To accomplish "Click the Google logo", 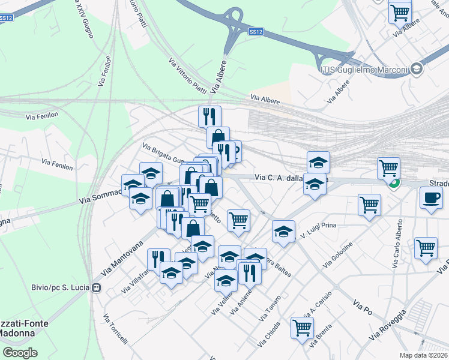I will [20, 352].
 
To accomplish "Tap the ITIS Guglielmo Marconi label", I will [366, 70].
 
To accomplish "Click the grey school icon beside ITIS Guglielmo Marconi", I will [417, 70].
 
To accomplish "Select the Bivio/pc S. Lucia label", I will [60, 287].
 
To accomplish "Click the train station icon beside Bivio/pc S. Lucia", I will [95, 287].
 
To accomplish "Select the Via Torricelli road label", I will [115, 329].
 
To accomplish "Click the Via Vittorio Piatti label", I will [187, 76].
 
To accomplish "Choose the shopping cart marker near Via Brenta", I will [302, 327].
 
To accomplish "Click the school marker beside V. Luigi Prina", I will [283, 232].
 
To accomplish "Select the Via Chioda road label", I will [269, 335].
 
